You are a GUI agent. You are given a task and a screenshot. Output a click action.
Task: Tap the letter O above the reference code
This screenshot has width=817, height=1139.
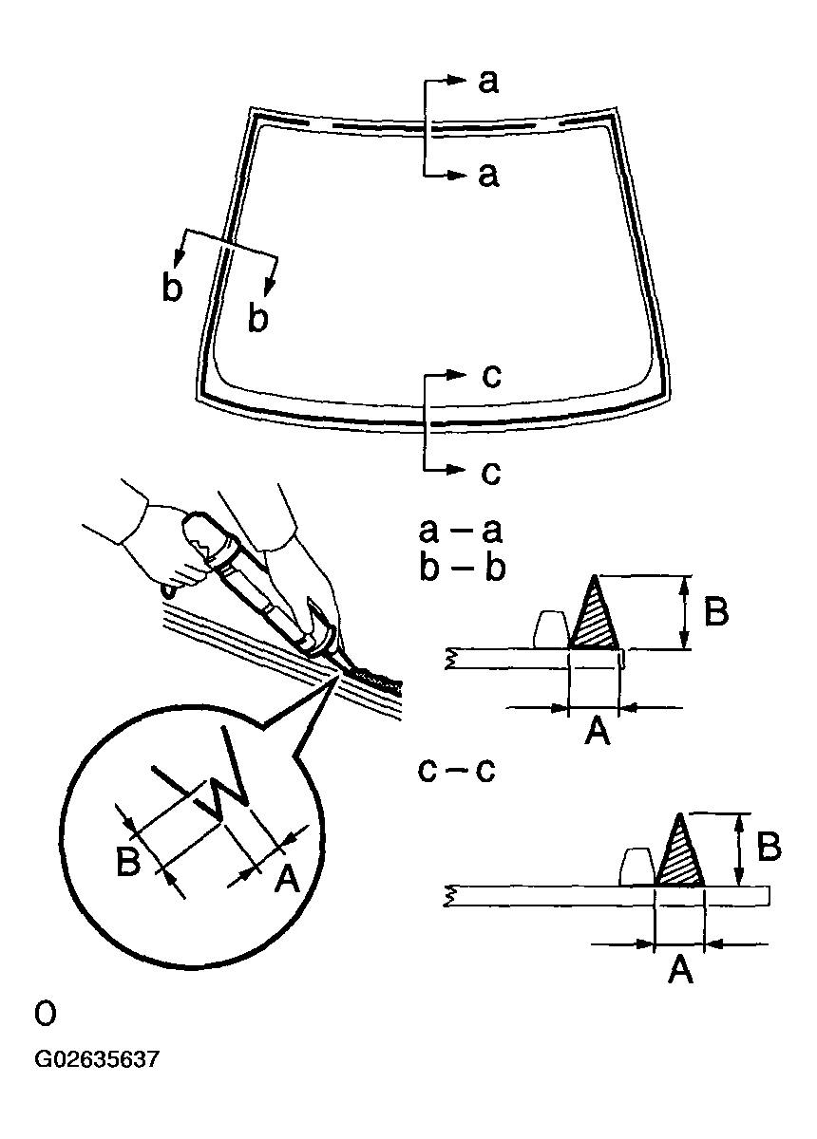[45, 1015]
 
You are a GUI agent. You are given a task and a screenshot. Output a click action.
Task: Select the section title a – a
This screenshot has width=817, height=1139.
[460, 529]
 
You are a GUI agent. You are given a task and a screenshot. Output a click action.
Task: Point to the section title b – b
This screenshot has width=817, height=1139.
[461, 568]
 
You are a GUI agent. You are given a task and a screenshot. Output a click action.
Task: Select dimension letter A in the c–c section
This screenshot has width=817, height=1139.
[680, 970]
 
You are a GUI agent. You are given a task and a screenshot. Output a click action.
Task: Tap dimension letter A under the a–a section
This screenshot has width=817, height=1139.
[596, 732]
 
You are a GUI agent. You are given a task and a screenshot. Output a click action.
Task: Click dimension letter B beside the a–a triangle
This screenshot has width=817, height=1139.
[716, 612]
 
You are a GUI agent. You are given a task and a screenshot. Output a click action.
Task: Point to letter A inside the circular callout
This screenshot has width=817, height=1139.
[286, 878]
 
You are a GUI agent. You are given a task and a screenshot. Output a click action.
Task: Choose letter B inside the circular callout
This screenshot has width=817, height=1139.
[129, 862]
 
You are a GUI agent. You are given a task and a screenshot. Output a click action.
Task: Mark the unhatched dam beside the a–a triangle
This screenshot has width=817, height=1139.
[550, 629]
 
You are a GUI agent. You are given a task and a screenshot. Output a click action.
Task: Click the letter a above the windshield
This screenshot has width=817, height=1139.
[488, 83]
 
